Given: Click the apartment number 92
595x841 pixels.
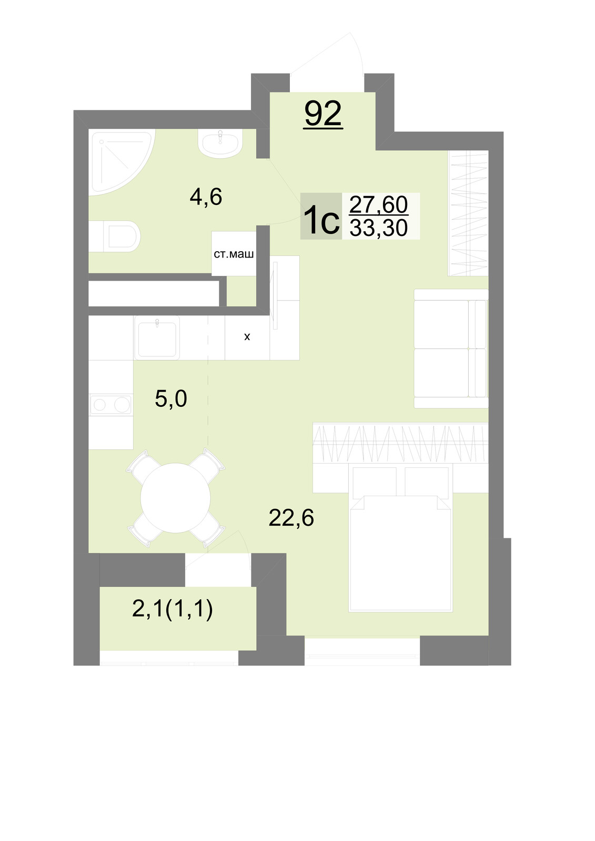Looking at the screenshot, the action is click(x=323, y=114).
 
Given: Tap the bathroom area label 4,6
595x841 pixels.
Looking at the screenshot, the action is click(x=206, y=197).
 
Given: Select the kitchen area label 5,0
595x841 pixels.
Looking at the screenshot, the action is click(x=170, y=399).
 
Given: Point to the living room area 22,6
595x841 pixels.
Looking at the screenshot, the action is click(x=291, y=518).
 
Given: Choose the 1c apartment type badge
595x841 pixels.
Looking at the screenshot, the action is click(x=321, y=216).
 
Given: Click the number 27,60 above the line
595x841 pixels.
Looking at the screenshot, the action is click(x=378, y=204).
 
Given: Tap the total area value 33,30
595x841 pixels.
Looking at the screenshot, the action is click(x=378, y=228).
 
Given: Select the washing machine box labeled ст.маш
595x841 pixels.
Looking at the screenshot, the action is click(x=234, y=253).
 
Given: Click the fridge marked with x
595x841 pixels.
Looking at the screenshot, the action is click(x=247, y=337).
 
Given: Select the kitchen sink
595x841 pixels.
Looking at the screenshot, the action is click(x=157, y=337).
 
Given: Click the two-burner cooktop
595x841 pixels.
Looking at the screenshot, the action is click(x=111, y=405).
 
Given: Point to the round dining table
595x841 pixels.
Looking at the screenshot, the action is click(x=176, y=498).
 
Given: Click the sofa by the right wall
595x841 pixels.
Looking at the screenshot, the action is click(x=451, y=348).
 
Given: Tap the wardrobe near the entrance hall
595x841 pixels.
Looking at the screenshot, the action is click(x=468, y=213).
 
